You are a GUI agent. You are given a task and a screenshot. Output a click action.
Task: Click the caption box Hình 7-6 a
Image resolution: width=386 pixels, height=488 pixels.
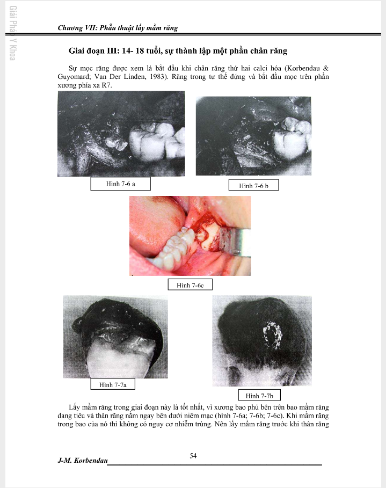(x=120, y=184)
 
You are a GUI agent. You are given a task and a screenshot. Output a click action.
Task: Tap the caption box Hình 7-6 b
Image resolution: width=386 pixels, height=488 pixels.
(x=253, y=185)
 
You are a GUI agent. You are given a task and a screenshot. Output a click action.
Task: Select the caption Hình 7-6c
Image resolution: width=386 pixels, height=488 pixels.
(x=190, y=285)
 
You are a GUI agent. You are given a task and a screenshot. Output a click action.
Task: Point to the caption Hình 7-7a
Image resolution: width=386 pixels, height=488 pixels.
(x=113, y=384)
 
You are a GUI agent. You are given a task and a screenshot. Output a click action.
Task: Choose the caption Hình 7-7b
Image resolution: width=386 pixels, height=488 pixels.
(x=259, y=396)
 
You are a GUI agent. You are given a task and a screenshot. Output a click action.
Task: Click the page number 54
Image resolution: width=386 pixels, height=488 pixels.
(x=193, y=456)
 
